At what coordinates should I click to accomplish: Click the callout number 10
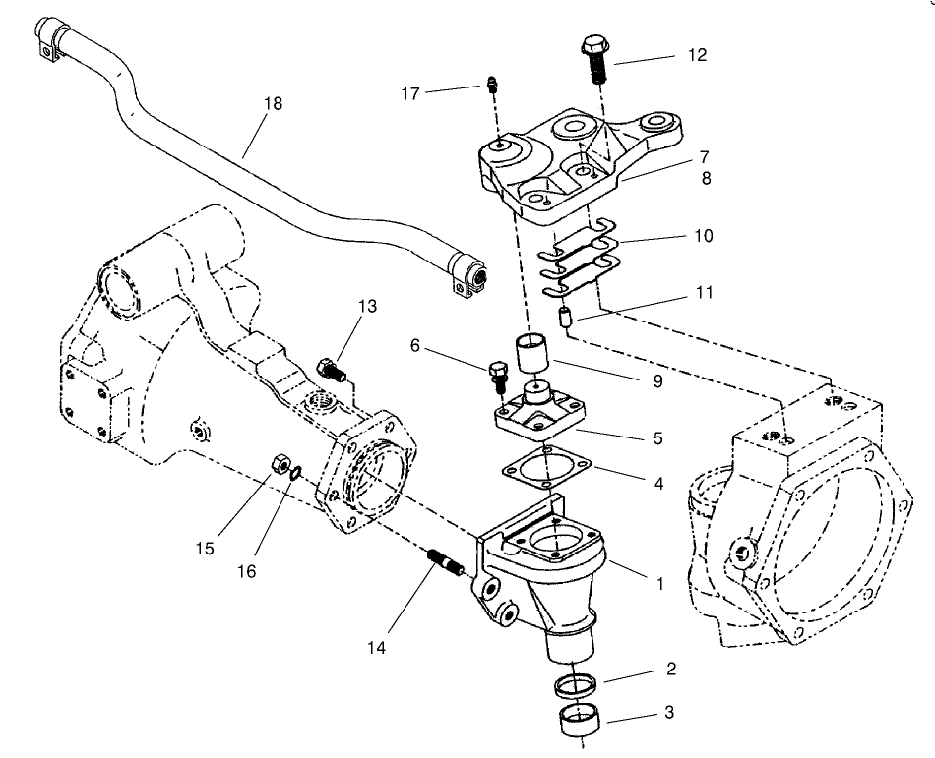point(676,236)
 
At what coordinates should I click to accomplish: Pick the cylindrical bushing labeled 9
point(530,354)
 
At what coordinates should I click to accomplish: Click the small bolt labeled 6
point(496,374)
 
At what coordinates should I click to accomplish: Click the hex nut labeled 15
point(278,460)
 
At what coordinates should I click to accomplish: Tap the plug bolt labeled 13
point(330,371)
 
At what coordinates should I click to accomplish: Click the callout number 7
point(676,156)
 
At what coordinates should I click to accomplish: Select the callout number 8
point(676,180)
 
